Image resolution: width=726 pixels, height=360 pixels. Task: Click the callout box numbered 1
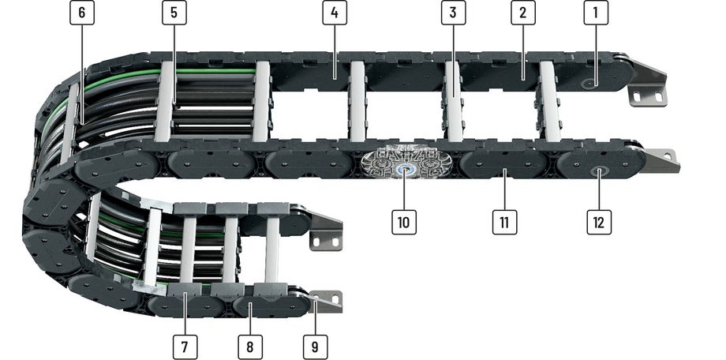click(x=596, y=13)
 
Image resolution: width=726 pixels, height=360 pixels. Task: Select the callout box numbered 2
click(x=523, y=13)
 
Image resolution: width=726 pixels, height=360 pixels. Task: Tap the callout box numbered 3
click(x=453, y=13)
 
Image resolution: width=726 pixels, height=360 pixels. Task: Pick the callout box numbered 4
click(x=335, y=13)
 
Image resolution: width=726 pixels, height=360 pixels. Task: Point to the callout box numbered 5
click(x=174, y=13)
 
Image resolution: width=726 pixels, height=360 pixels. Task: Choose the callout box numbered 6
click(x=82, y=13)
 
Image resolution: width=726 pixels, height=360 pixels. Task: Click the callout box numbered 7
click(x=185, y=347)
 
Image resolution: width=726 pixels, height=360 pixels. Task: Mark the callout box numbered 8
click(x=250, y=347)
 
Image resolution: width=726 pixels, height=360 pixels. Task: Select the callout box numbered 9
click(x=316, y=347)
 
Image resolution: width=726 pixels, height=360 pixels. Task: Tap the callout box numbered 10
click(x=404, y=222)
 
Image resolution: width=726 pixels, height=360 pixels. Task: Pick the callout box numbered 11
click(x=505, y=222)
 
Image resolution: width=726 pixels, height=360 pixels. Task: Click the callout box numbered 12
click(x=599, y=222)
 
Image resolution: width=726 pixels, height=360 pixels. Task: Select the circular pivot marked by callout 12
click(x=599, y=172)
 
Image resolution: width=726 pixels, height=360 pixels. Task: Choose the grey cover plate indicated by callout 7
click(x=185, y=290)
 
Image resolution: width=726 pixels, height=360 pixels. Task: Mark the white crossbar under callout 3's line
click(x=454, y=102)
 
